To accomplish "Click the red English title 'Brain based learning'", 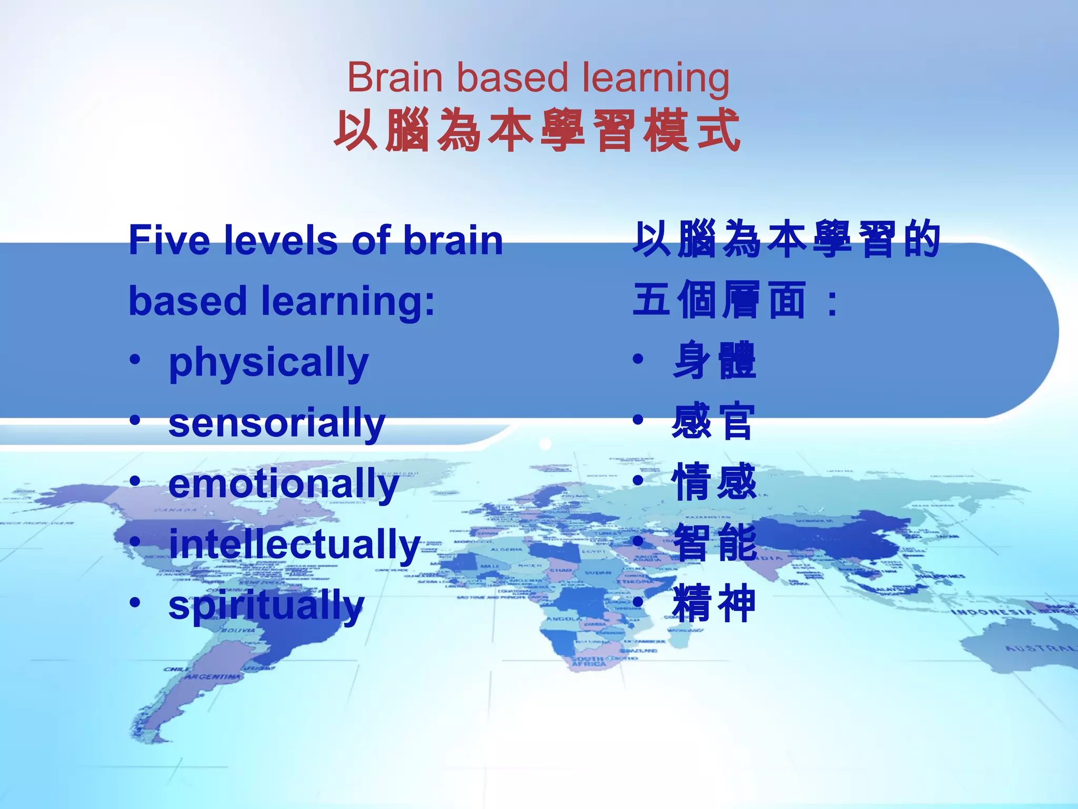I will point(538,78).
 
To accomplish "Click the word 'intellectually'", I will point(294,545).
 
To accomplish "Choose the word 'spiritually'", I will point(266,606).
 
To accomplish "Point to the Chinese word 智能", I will point(715,542).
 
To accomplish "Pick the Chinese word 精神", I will point(714,604).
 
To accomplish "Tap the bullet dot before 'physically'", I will point(135,360).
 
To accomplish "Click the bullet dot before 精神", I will point(638,601).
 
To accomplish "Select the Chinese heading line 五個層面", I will point(719,300).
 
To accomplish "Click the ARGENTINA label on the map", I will point(213,676).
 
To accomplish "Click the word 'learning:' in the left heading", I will point(348,301).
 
